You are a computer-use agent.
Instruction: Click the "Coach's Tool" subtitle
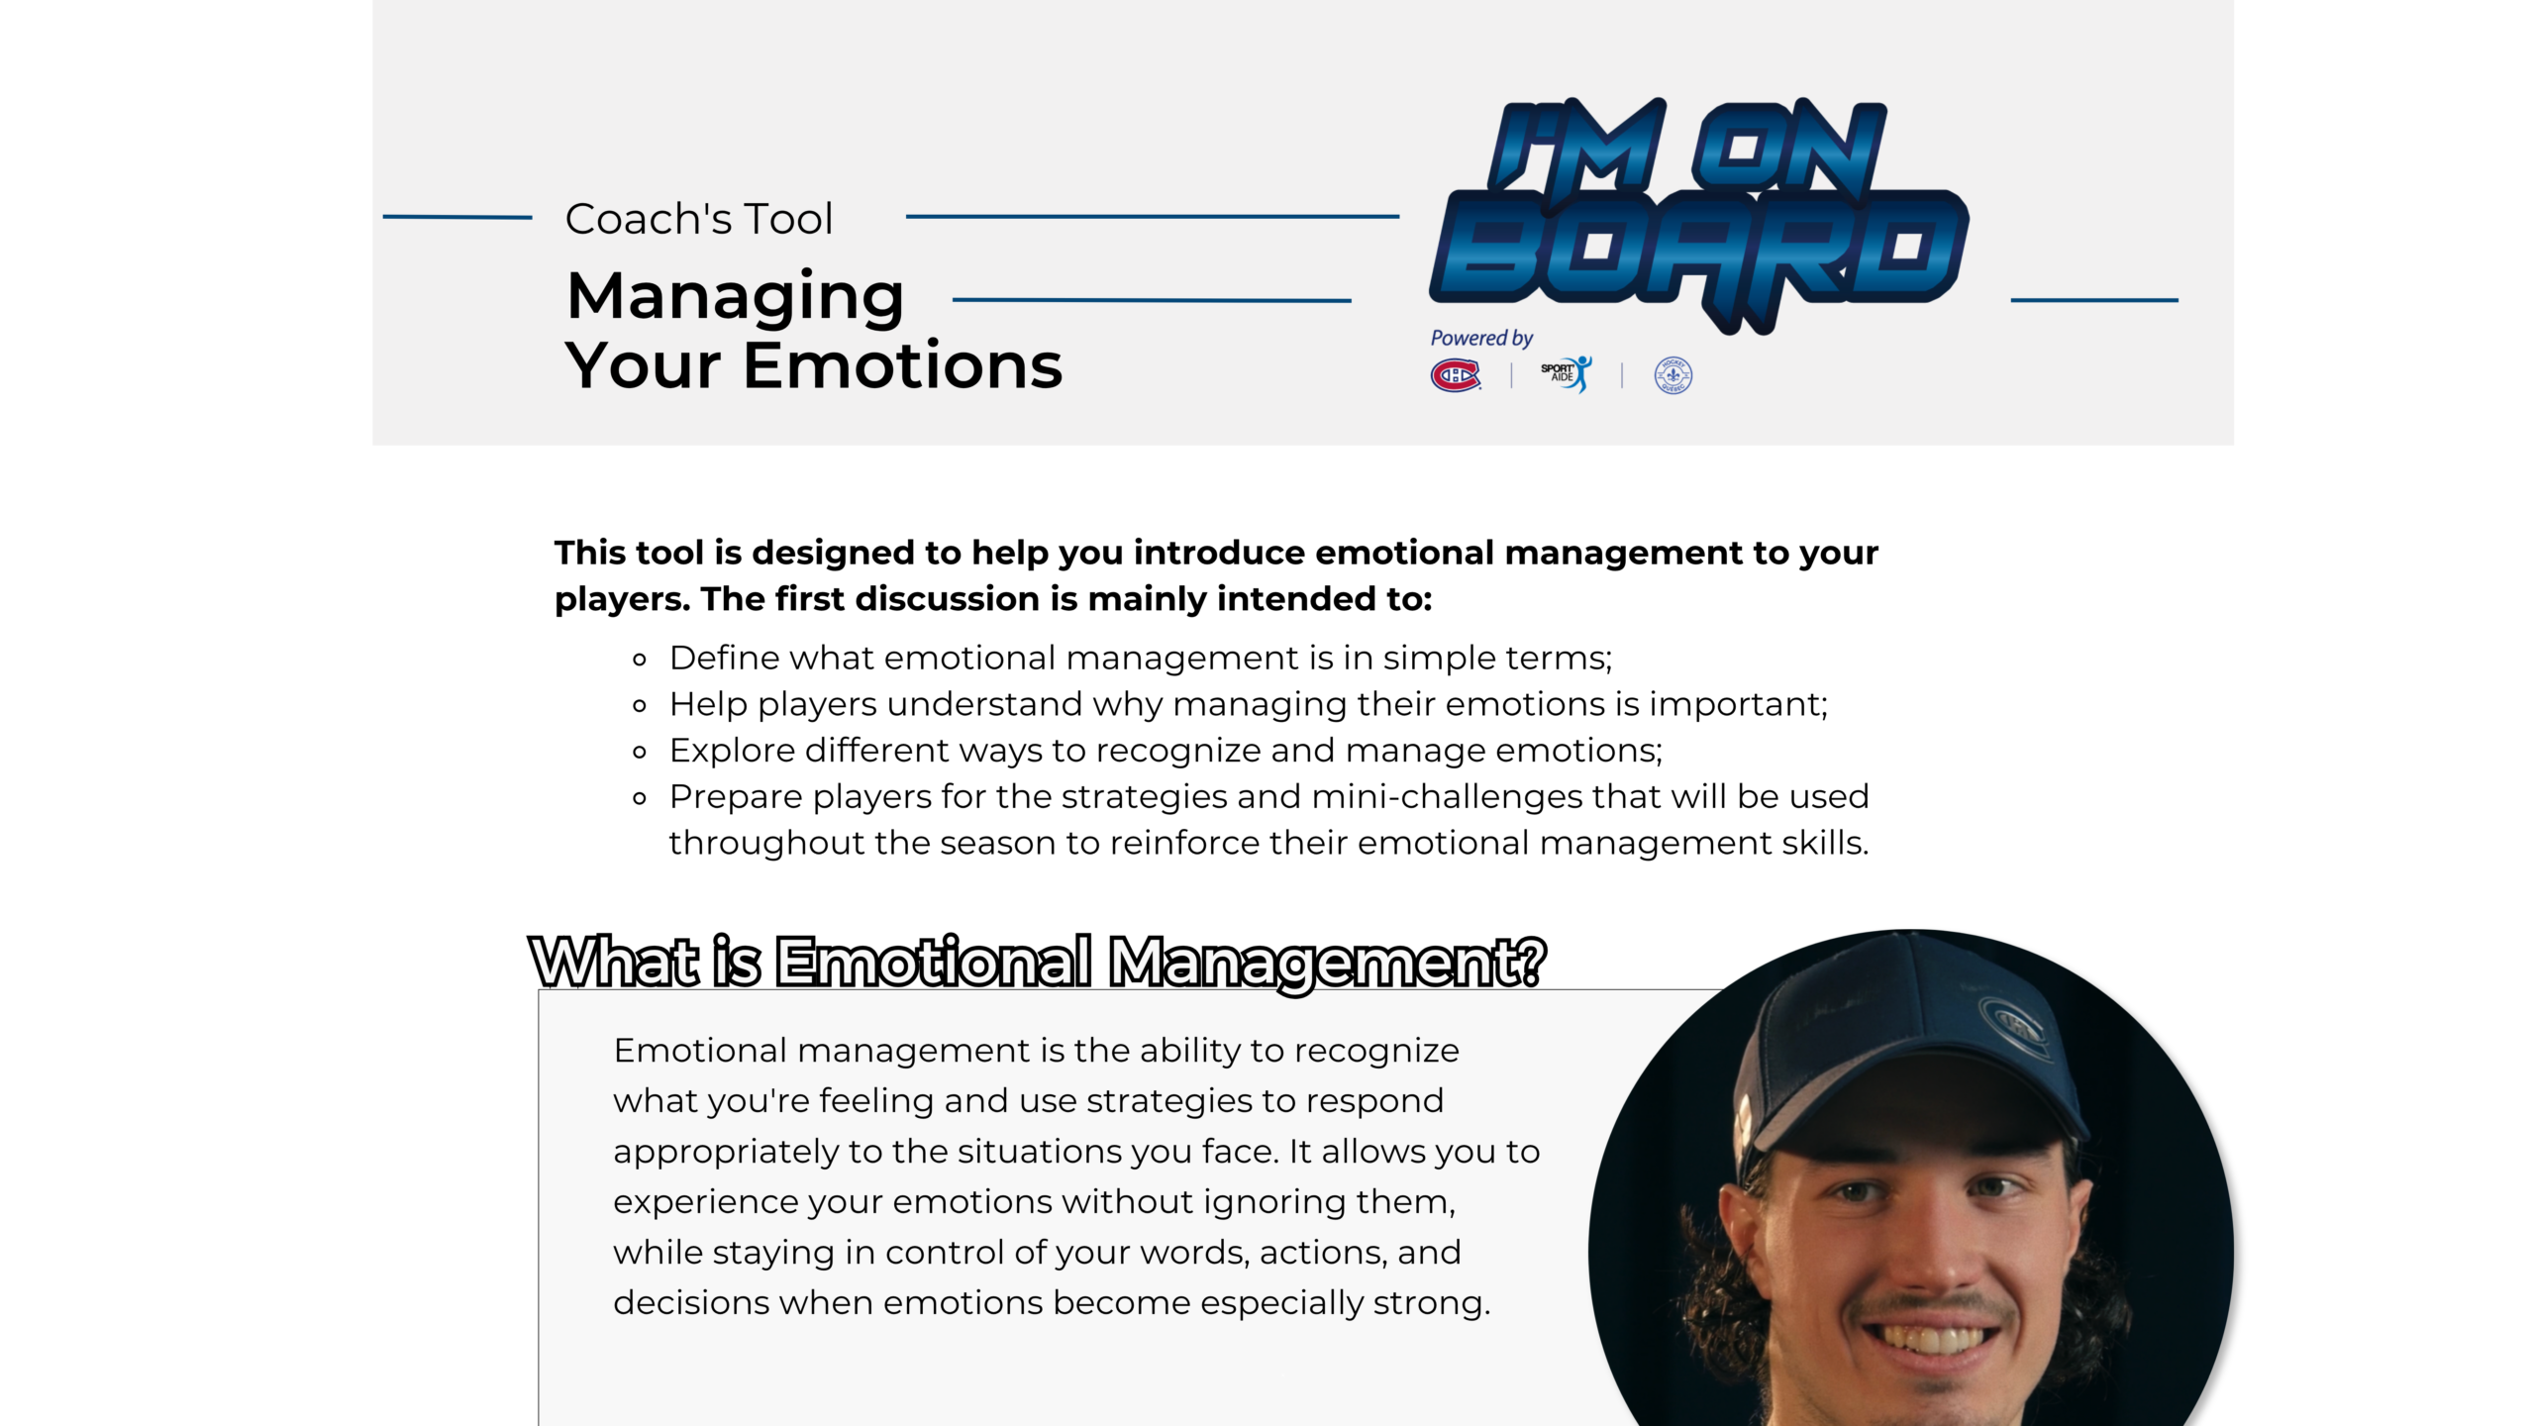[x=699, y=219]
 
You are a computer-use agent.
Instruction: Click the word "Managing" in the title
[x=736, y=297]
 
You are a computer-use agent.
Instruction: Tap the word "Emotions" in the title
[x=902, y=365]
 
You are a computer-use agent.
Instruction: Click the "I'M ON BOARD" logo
[x=1699, y=213]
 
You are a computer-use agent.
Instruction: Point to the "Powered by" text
[x=1481, y=339]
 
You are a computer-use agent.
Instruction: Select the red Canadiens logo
[x=1456, y=375]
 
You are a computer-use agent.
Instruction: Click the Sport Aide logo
[x=1567, y=374]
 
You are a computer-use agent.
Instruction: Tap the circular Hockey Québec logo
[x=1673, y=375]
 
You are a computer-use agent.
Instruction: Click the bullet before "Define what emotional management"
[x=640, y=660]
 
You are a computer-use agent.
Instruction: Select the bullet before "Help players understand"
[x=640, y=706]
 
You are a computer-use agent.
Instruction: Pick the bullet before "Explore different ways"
[x=640, y=753]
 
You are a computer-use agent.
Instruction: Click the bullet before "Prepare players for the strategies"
[x=640, y=798]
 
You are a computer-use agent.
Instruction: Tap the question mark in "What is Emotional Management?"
[x=1530, y=962]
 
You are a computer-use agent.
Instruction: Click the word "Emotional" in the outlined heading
[x=934, y=962]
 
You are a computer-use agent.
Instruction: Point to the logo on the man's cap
[x=2014, y=1026]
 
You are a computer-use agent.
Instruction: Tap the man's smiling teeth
[x=1929, y=1340]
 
